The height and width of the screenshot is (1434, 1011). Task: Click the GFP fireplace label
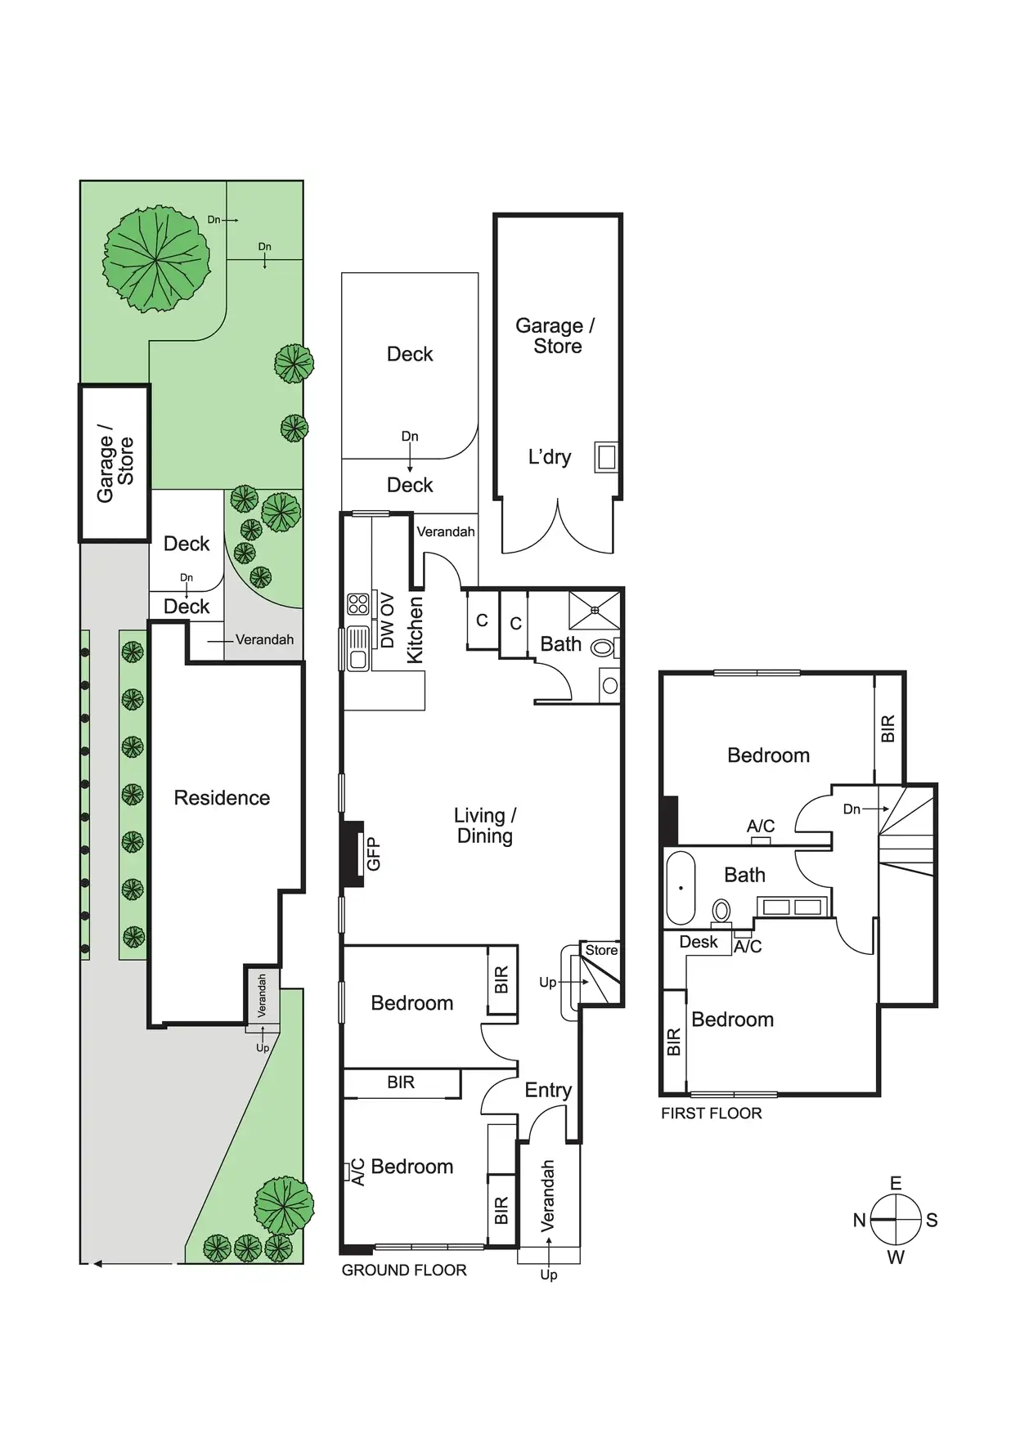point(374,854)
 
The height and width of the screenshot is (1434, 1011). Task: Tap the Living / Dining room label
point(485,826)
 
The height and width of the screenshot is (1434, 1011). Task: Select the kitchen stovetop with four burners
point(358,604)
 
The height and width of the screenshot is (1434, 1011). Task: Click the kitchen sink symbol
point(357,648)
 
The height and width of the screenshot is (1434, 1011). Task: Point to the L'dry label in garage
point(550,457)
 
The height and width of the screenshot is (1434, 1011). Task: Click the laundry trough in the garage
point(606,457)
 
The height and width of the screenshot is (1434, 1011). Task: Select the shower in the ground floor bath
point(595,610)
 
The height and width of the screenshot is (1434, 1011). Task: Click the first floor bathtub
point(681,887)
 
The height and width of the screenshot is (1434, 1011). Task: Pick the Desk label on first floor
point(699,942)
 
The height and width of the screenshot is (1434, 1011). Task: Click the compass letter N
point(859,1221)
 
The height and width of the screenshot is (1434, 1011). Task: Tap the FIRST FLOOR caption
point(711,1113)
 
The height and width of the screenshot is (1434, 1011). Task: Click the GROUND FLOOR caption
point(404,1270)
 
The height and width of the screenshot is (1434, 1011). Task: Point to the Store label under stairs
point(601,950)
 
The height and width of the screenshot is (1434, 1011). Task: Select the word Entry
point(548,1090)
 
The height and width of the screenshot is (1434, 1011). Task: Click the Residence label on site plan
point(222,798)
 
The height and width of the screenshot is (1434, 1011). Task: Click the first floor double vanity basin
point(792,907)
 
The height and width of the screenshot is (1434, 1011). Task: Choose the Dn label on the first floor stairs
point(851,809)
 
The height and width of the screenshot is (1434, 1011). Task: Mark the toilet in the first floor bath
point(721,911)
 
